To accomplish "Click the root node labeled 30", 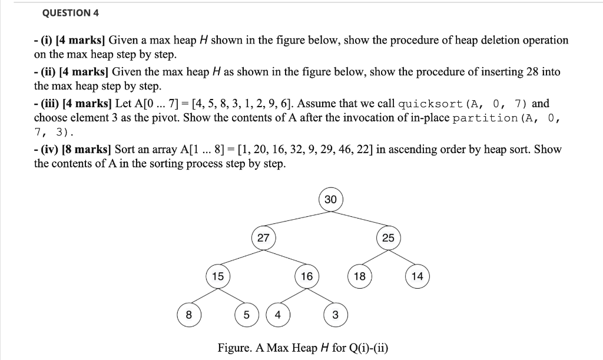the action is click(x=330, y=200).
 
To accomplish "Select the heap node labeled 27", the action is click(x=263, y=238).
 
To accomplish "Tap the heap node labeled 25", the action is click(x=388, y=238).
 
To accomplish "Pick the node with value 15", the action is click(x=218, y=276).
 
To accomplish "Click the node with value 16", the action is click(x=306, y=276).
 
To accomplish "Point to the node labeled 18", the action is click(x=359, y=276).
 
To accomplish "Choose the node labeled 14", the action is click(x=417, y=276).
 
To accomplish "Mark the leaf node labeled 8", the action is click(x=188, y=315).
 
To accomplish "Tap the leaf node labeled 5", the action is click(x=246, y=315).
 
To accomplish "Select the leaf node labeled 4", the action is click(x=277, y=315).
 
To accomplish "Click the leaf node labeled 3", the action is click(x=335, y=315).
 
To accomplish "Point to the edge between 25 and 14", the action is click(x=403, y=257).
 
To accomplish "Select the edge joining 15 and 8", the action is click(x=203, y=296).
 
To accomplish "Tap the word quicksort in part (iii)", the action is click(x=430, y=104).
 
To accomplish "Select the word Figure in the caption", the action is click(x=234, y=348).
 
